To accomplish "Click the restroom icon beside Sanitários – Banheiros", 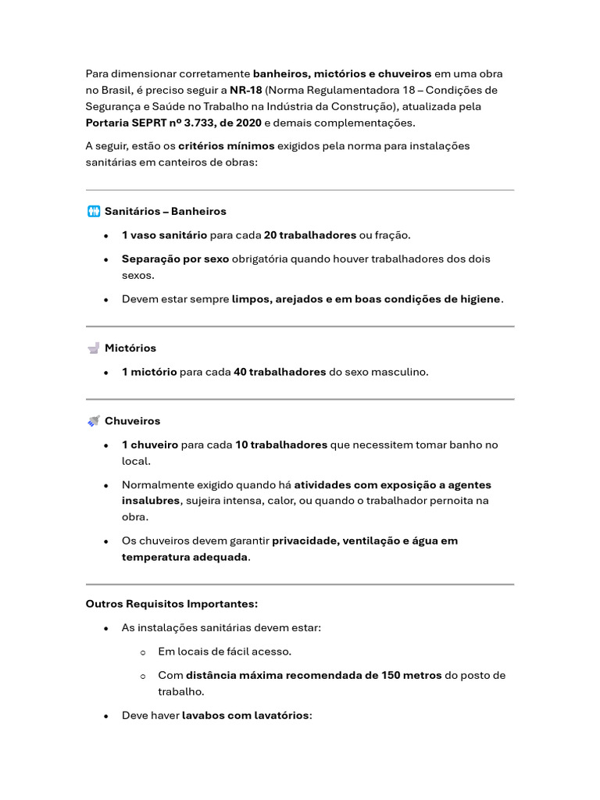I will click(x=94, y=211).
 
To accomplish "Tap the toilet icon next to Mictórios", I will click(x=94, y=348).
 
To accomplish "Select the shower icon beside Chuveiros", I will click(x=94, y=421).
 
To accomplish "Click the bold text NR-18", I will click(x=246, y=90).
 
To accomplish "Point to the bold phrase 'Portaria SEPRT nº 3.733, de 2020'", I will click(x=173, y=123).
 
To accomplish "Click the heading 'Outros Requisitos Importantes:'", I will click(x=171, y=604).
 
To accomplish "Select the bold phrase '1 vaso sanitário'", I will click(x=164, y=235).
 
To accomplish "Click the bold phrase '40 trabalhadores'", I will click(x=280, y=372).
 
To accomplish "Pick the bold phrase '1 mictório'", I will click(x=149, y=372).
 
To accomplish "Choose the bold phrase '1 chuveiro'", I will click(x=150, y=445).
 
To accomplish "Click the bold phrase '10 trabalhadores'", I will click(x=281, y=445).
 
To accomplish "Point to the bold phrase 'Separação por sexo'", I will click(x=176, y=259).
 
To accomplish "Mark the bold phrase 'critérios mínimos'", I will click(x=227, y=146).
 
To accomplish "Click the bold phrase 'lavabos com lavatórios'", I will click(x=245, y=715).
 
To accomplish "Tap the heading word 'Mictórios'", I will click(x=130, y=348).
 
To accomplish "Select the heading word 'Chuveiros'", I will click(x=132, y=421).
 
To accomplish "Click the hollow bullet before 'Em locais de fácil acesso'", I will click(x=143, y=652).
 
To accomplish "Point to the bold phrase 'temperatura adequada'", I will click(x=184, y=557).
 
